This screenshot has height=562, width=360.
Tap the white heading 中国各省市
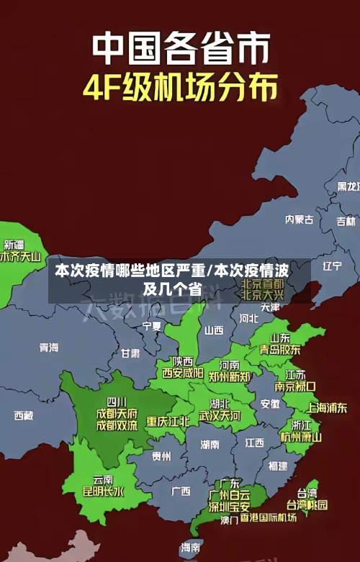[x=180, y=50]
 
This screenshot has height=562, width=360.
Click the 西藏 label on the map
[x=24, y=415]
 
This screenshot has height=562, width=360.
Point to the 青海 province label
[x=49, y=348]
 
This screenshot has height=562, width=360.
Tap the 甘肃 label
[x=130, y=353]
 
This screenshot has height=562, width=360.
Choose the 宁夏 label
[x=152, y=326]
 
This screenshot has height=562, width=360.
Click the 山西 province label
[x=214, y=330]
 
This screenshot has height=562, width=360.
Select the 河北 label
[x=248, y=317]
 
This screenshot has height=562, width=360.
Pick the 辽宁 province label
[x=332, y=266]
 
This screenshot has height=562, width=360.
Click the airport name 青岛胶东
[x=280, y=350]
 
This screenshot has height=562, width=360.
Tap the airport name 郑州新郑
[x=230, y=376]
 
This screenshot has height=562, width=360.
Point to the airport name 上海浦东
[x=327, y=407]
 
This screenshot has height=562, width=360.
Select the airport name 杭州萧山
[x=301, y=437]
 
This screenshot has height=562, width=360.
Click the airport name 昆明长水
[x=103, y=492]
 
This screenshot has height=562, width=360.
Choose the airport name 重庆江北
[x=168, y=421]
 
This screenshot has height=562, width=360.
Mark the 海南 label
[x=191, y=547]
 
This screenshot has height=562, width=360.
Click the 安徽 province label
[x=270, y=404]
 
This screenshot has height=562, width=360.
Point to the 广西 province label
[x=181, y=491]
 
